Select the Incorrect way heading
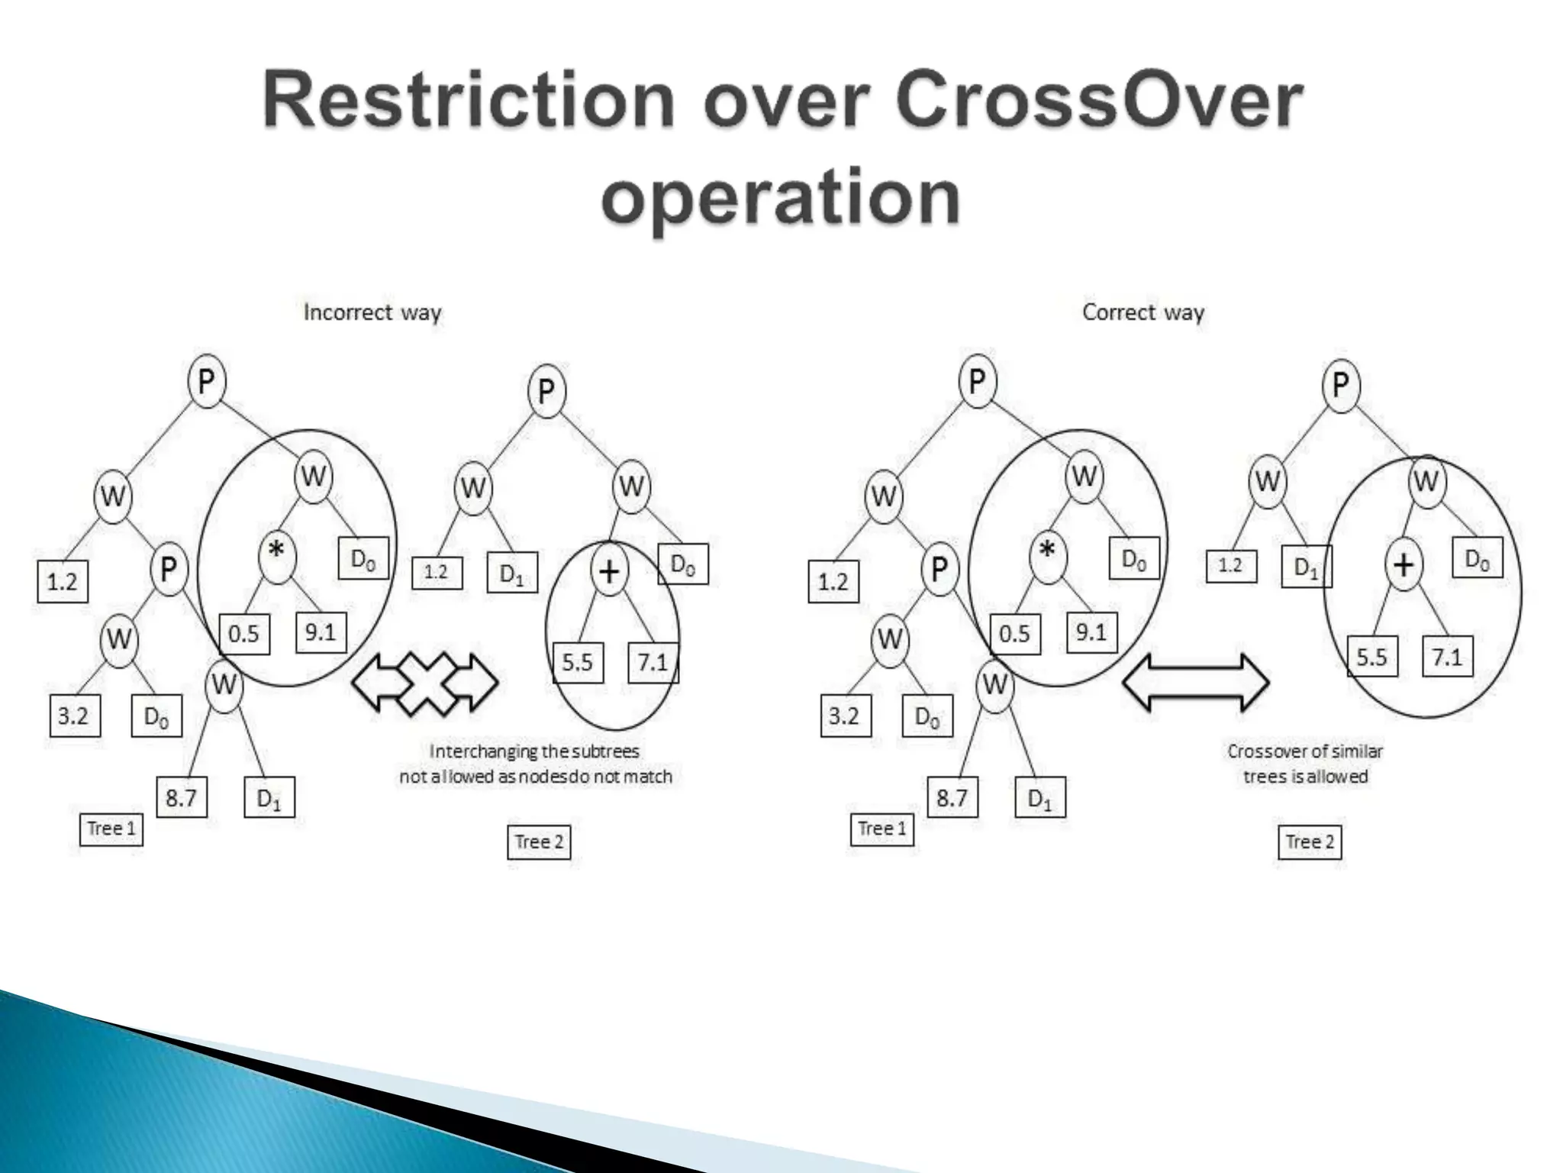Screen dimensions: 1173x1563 [x=372, y=312]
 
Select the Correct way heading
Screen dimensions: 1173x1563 [x=1142, y=312]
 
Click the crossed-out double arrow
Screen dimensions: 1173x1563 [x=425, y=683]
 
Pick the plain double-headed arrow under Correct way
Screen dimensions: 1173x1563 [x=1196, y=682]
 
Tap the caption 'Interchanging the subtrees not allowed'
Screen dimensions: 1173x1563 [x=535, y=764]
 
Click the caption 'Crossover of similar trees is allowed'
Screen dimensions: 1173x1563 [x=1305, y=764]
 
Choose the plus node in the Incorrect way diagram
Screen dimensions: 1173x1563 [x=609, y=570]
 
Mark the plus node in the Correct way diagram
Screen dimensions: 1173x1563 [x=1403, y=565]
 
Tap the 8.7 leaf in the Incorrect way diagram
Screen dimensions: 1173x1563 [x=182, y=798]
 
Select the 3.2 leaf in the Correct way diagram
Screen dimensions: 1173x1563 [x=845, y=716]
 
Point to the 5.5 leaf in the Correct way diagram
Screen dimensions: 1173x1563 [x=1371, y=657]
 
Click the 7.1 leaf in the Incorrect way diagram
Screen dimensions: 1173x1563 [x=653, y=661]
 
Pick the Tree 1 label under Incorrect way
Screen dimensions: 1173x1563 [x=111, y=829]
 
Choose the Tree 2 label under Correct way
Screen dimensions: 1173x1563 [x=1310, y=842]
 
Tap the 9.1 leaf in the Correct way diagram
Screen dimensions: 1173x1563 [x=1091, y=632]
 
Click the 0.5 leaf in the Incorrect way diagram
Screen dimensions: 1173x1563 [x=244, y=634]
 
